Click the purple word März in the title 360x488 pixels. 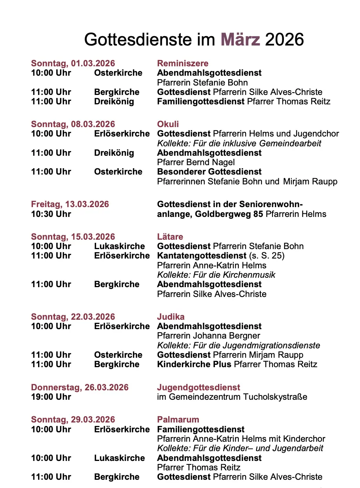click(x=240, y=39)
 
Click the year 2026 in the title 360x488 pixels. click(x=285, y=39)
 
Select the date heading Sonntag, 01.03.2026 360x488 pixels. click(x=73, y=64)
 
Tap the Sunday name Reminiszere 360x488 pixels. click(x=183, y=64)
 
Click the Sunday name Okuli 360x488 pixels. click(x=168, y=124)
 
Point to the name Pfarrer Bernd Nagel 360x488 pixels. click(x=196, y=162)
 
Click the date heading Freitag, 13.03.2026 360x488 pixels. click(x=70, y=204)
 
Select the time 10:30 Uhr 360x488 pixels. click(x=51, y=214)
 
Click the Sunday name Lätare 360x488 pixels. click(x=170, y=237)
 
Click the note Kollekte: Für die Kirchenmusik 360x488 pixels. click(x=216, y=275)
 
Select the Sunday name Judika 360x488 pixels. click(x=171, y=317)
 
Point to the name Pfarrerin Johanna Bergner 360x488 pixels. click(x=208, y=336)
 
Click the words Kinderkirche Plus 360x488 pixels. click(x=195, y=364)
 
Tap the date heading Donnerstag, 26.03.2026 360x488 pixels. click(x=80, y=388)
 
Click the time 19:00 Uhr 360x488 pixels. click(x=51, y=397)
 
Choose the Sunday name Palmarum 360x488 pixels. click(x=178, y=420)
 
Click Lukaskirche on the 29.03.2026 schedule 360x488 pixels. click(x=119, y=458)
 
